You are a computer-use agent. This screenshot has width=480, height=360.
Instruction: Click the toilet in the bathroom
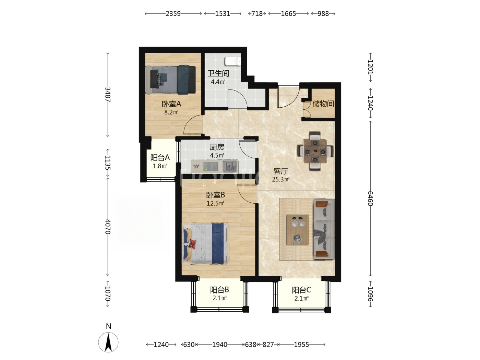[x=233, y=61]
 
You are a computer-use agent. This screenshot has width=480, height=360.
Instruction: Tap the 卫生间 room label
[x=218, y=73]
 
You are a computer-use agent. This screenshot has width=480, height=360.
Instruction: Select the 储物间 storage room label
[x=323, y=104]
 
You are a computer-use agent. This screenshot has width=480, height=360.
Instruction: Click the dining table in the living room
[x=315, y=151]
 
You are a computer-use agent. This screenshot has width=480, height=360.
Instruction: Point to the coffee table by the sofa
[x=298, y=230]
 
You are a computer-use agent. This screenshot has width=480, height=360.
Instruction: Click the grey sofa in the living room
[x=324, y=229]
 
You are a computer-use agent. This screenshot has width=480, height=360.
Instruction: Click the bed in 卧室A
[x=170, y=80]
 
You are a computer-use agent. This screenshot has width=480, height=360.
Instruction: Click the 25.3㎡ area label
[x=281, y=179]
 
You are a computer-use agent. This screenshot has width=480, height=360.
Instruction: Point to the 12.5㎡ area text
[x=216, y=204]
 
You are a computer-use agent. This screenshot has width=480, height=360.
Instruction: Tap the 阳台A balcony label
[x=160, y=158]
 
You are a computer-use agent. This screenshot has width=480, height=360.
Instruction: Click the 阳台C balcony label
[x=301, y=290]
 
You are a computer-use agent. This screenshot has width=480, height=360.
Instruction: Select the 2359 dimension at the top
[x=173, y=14]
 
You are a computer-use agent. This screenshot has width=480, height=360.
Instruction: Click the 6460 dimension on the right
[x=370, y=199]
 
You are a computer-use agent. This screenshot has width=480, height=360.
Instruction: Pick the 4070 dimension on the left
[x=108, y=227]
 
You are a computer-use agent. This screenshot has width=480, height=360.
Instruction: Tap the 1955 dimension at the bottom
[x=301, y=345]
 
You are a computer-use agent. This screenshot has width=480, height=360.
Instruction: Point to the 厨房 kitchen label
[x=217, y=147]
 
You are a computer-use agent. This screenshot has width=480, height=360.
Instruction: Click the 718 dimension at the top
[x=257, y=14]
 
